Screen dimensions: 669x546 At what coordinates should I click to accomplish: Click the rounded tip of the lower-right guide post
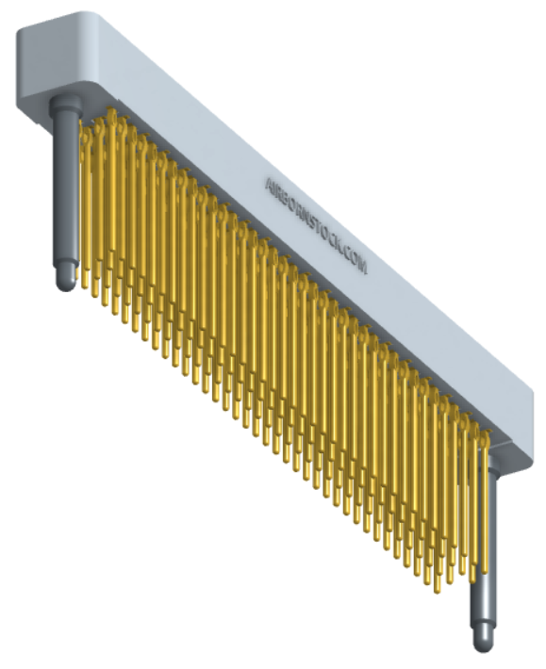pos(483,643)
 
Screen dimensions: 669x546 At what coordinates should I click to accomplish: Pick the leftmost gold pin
pos(86,207)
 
